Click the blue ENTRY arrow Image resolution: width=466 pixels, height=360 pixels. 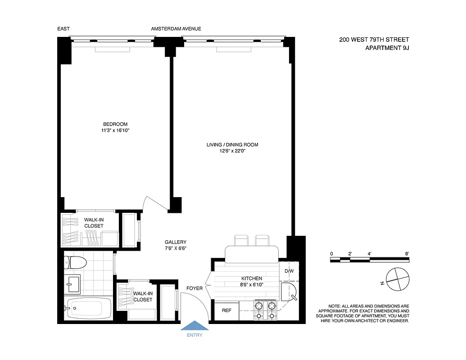[x=194, y=326]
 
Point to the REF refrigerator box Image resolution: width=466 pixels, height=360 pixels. [x=226, y=310]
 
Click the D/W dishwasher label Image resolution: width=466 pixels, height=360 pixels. [x=289, y=271]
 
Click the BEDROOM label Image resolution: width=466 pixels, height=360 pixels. [x=115, y=124]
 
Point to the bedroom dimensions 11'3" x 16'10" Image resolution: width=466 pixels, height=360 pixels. [x=115, y=130]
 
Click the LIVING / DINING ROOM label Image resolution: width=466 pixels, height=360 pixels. [x=232, y=145]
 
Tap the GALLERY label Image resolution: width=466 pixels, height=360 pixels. [x=175, y=242]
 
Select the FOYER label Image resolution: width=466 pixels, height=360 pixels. [x=195, y=288]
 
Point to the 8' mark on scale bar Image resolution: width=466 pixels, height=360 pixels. [x=407, y=254]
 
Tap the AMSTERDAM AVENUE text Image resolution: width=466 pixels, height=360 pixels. [x=176, y=29]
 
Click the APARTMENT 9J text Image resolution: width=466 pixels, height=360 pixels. [x=387, y=48]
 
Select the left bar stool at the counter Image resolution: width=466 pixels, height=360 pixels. [x=241, y=240]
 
